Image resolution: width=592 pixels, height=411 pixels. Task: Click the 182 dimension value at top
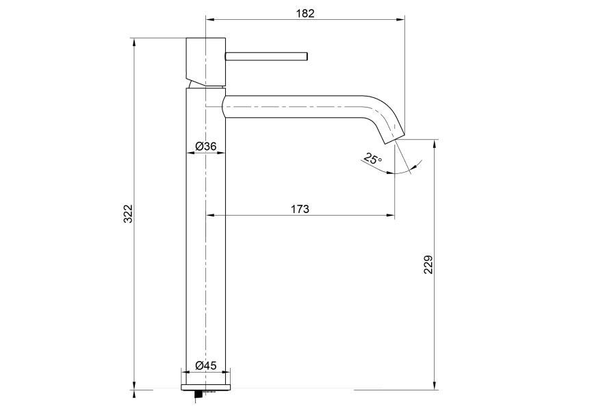tap(305, 13)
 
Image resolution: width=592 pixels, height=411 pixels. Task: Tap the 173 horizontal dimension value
tap(300, 209)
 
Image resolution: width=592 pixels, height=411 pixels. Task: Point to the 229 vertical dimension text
tap(428, 264)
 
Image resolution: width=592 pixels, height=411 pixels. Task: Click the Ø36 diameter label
tap(206, 146)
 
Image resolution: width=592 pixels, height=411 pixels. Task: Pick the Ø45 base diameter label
tap(206, 366)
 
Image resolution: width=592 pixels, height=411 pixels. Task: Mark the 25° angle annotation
tap(373, 160)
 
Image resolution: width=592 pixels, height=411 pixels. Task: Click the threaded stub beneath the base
tap(199, 393)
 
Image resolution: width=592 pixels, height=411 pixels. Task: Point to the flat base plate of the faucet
tap(206, 387)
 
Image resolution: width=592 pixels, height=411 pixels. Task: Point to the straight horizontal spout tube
tap(294, 108)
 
